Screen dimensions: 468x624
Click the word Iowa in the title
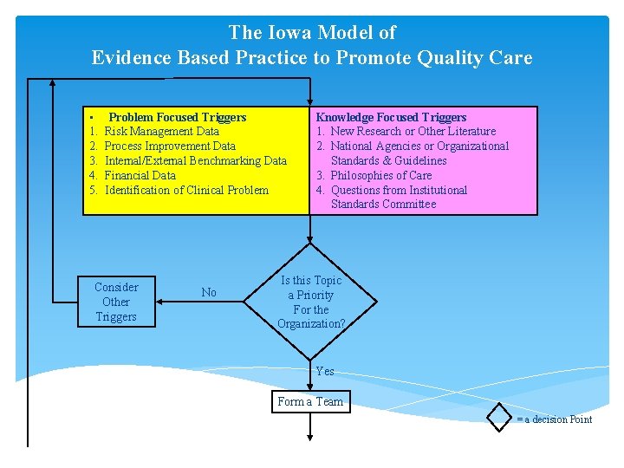tap(293, 33)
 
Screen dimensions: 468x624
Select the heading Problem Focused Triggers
tap(177, 117)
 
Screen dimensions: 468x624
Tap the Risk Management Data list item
tap(161, 132)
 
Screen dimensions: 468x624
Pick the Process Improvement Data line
tap(170, 146)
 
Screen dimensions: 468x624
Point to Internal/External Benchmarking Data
tap(195, 160)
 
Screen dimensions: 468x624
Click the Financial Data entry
tap(140, 175)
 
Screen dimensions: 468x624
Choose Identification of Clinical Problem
tap(186, 190)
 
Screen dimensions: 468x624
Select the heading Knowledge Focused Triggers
tap(391, 117)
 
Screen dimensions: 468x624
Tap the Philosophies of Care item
tap(380, 175)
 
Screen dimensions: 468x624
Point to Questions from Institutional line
tap(399, 190)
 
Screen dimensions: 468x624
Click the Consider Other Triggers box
tap(116, 302)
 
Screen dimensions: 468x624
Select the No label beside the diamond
tap(209, 293)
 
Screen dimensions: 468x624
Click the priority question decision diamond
tap(311, 302)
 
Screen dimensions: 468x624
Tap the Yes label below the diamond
tap(325, 371)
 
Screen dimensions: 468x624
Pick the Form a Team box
tap(310, 401)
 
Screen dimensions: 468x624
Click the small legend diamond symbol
tap(500, 417)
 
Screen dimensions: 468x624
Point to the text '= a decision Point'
tap(555, 419)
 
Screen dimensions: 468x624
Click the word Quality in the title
tap(456, 58)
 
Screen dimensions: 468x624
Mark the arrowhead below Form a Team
tap(311, 440)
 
